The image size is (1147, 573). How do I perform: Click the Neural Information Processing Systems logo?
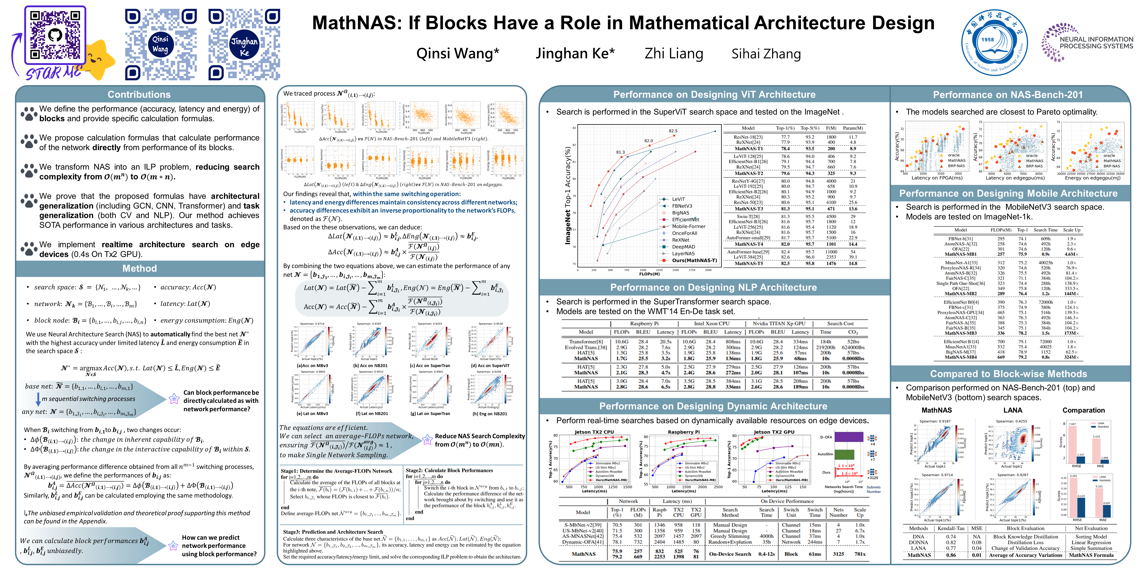[1087, 42]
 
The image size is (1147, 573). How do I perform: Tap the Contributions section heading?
[139, 94]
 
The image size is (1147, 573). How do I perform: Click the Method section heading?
[139, 268]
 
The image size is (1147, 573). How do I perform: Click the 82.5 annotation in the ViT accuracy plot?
[673, 131]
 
